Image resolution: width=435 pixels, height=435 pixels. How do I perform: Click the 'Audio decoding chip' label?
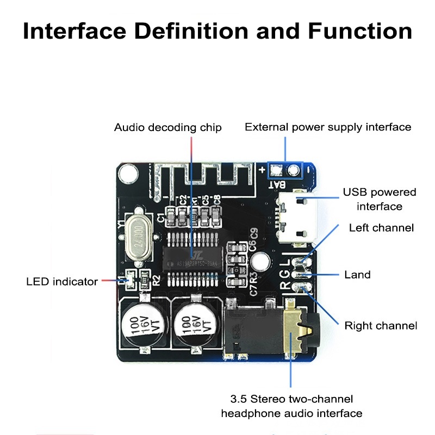167,128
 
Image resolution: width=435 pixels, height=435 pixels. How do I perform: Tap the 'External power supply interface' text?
328,127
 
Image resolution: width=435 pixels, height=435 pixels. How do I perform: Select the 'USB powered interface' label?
380,199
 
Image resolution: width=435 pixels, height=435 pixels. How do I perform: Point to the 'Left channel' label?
381,227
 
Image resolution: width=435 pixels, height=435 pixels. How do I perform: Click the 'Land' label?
358,275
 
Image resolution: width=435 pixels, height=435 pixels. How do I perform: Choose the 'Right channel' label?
381,326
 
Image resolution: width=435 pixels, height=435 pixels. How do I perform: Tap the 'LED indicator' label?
62,281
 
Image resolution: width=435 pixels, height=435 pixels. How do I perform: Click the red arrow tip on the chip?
192,256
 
